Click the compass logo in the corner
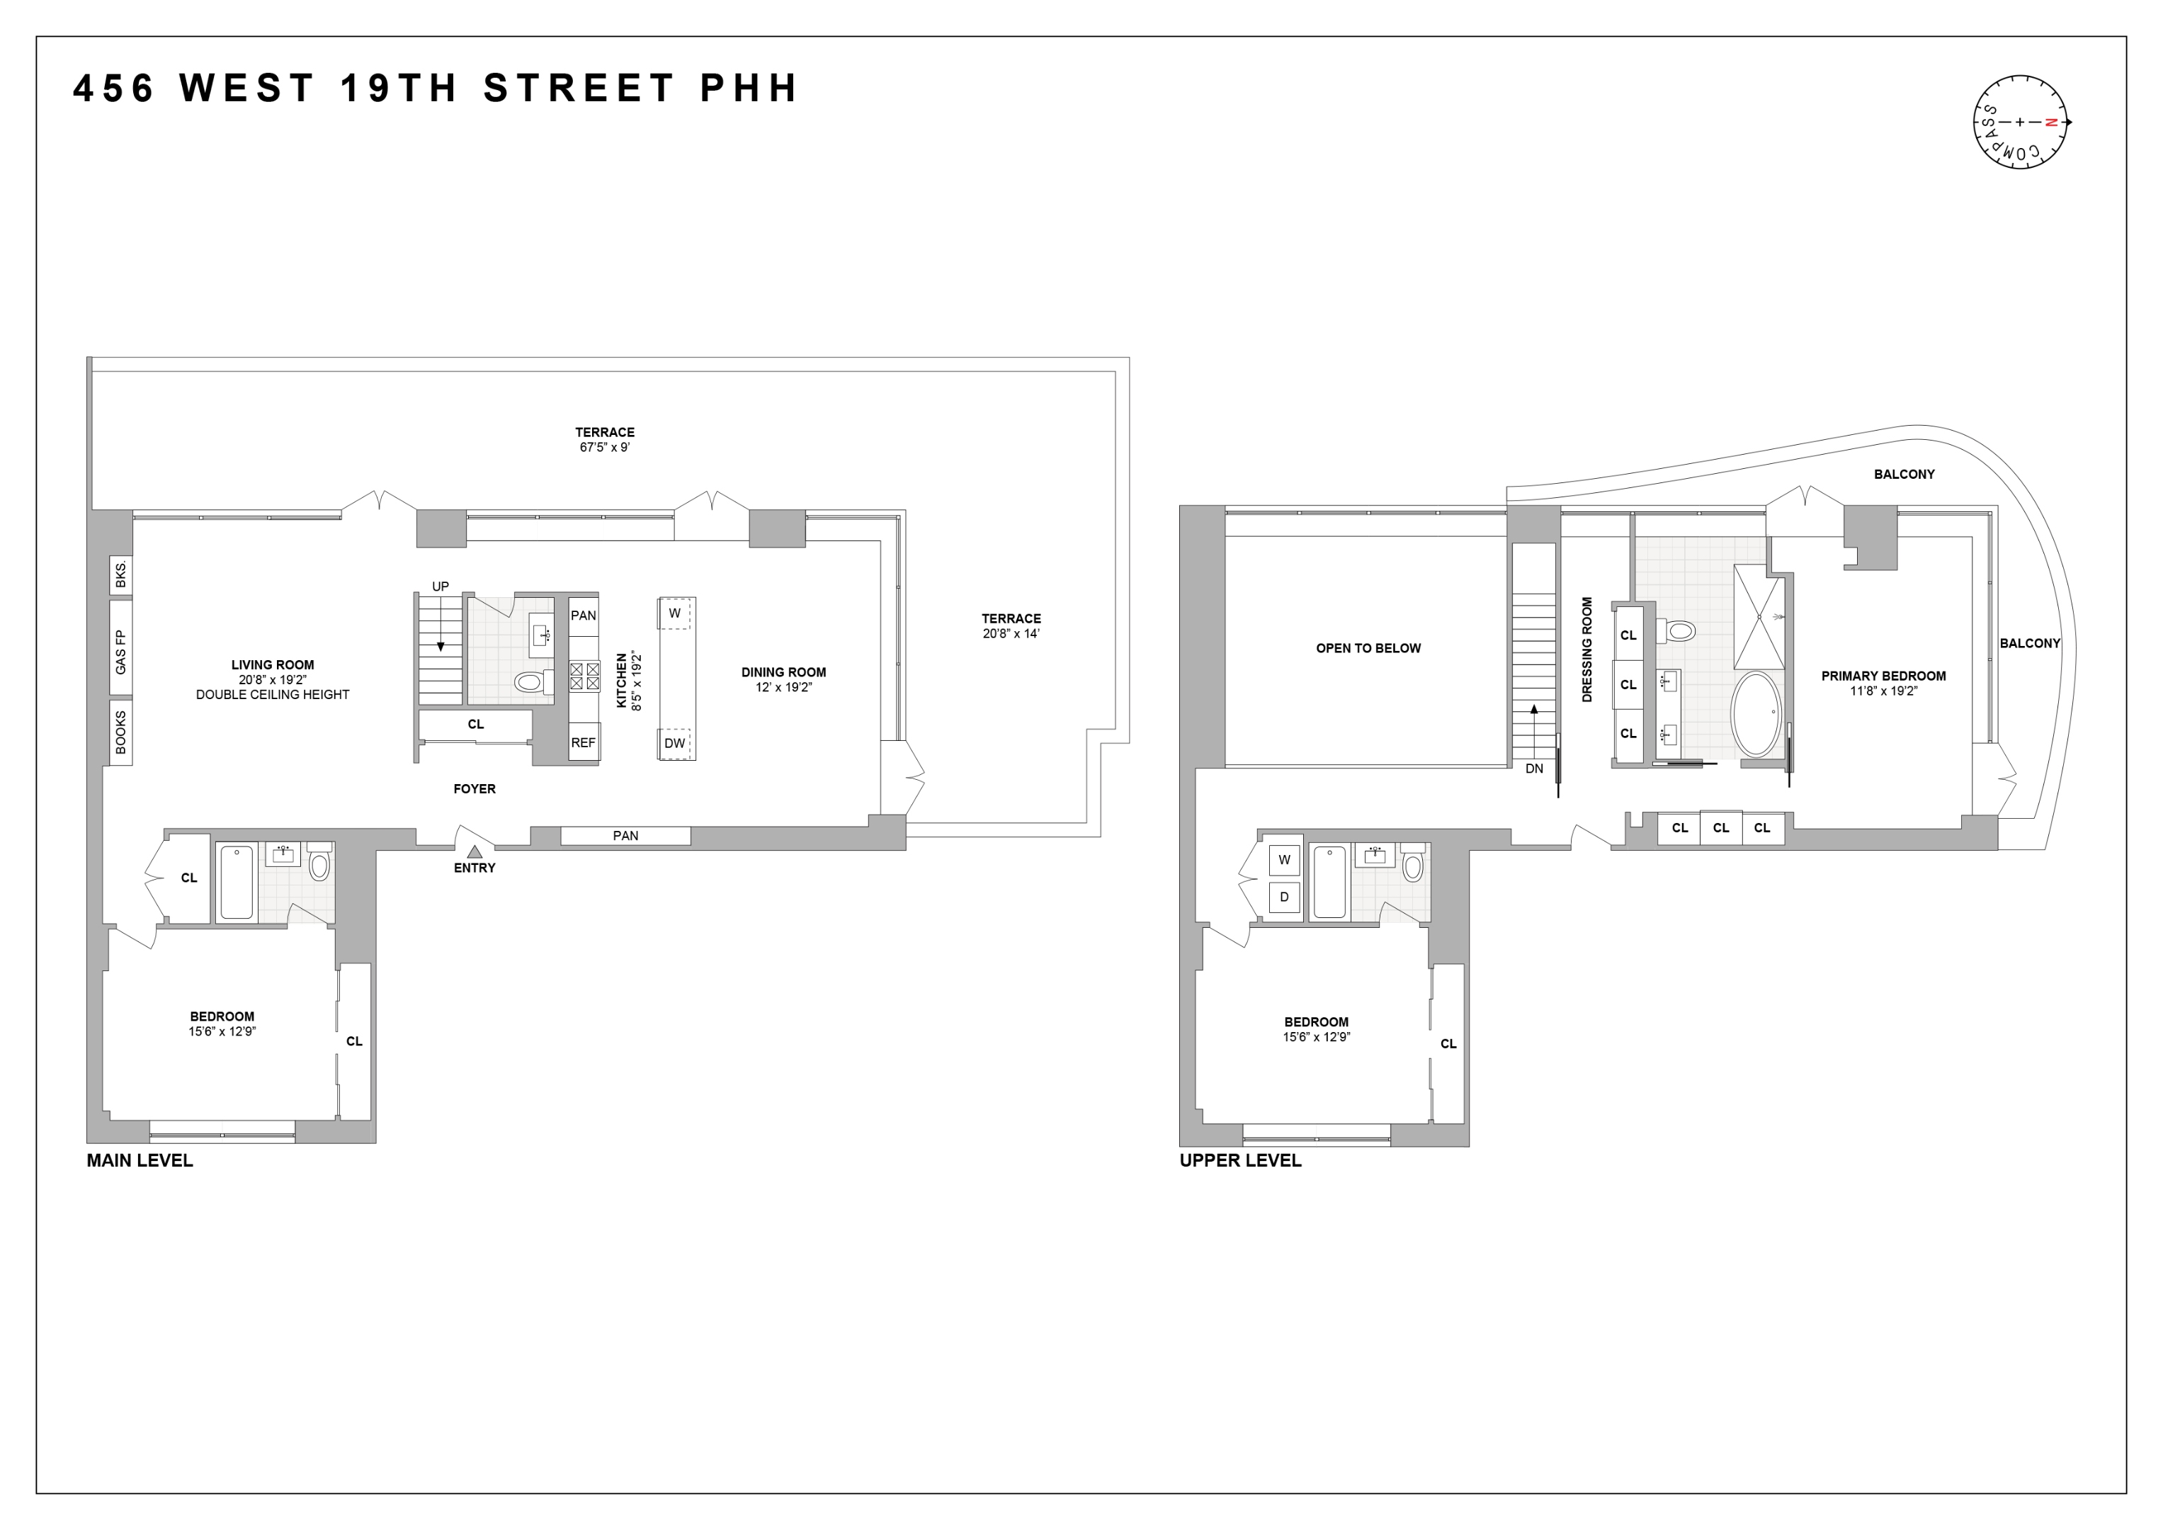coord(2020,122)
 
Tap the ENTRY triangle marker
coord(475,851)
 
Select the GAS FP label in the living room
coord(120,651)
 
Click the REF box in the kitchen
coord(583,742)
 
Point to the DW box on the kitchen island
coord(674,743)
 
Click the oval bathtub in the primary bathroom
coord(1757,713)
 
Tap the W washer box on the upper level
coord(1283,859)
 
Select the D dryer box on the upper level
coord(1283,897)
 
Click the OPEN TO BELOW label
coord(1368,648)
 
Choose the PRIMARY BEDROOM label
coord(1883,676)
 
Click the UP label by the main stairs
coord(440,586)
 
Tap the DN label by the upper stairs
coord(1533,768)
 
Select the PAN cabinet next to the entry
coord(625,836)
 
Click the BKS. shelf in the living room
coord(120,574)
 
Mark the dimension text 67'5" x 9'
coord(605,448)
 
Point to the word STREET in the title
coord(579,89)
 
